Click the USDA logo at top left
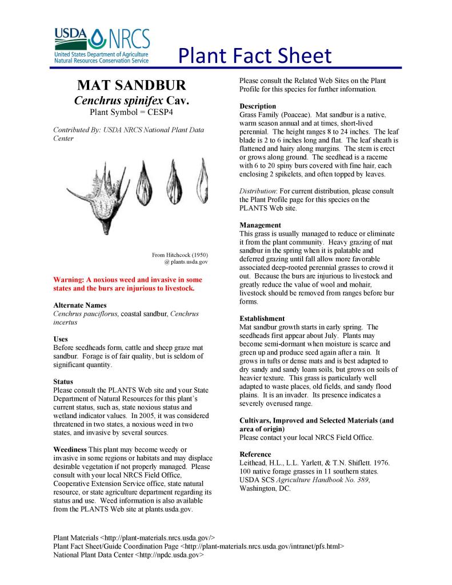pos(70,37)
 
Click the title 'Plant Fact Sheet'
pos(254,56)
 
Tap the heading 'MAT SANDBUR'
pos(131,86)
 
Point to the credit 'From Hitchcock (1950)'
pos(179,254)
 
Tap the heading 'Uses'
pos(60,339)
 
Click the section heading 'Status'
pos(63,381)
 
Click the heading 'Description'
pos(258,106)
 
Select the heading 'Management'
pos(260,225)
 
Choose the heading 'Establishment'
pos(262,319)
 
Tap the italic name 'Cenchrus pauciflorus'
pos(85,314)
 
